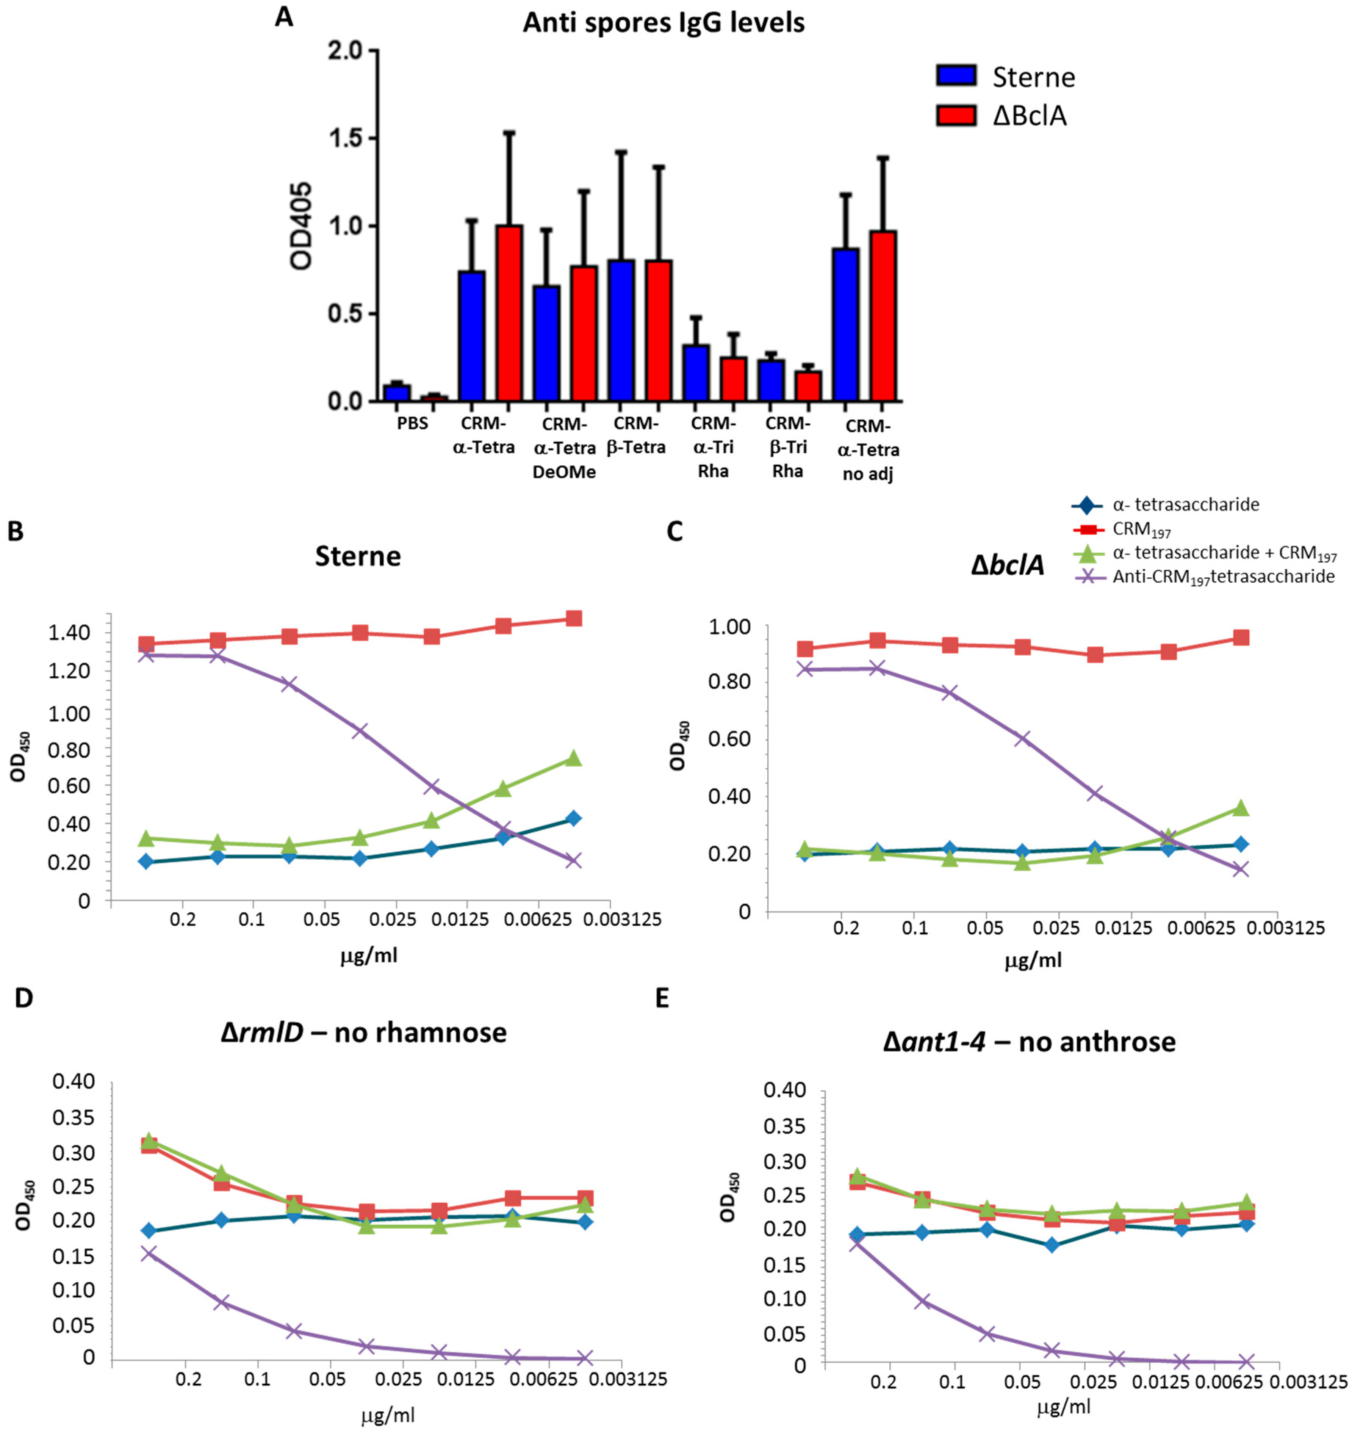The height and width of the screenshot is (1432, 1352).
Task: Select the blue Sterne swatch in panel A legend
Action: point(956,76)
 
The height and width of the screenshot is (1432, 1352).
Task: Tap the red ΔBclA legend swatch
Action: point(956,115)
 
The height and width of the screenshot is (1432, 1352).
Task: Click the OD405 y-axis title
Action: point(301,226)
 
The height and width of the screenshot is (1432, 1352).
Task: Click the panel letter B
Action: point(16,531)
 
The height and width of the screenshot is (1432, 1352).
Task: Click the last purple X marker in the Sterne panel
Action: point(573,860)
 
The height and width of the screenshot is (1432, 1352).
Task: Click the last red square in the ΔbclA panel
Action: point(1240,638)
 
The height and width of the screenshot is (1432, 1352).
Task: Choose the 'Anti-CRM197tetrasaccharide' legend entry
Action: point(1223,576)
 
